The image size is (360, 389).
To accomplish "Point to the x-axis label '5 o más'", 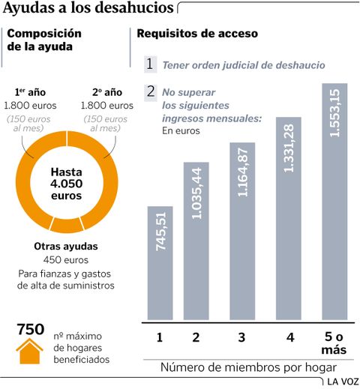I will [335, 343].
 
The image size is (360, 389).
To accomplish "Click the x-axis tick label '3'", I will [241, 338].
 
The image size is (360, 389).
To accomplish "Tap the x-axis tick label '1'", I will [160, 338].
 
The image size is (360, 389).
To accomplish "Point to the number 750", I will [31, 329].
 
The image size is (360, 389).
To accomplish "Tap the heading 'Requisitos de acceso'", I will [196, 34].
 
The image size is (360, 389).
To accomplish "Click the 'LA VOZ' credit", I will [342, 382].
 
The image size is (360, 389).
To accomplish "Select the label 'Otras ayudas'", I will [66, 246].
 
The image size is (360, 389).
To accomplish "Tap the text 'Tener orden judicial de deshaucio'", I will [244, 65].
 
